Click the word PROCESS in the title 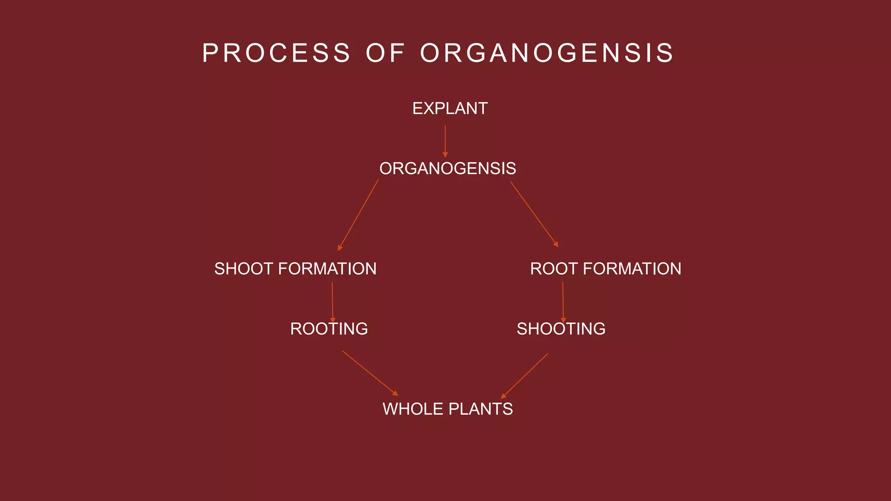click(x=276, y=53)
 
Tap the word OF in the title click(x=385, y=53)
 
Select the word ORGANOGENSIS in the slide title click(x=547, y=53)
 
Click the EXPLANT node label click(x=450, y=109)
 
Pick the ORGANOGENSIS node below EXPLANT click(x=448, y=169)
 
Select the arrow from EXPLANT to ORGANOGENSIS click(x=445, y=140)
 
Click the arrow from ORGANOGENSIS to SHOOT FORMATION click(x=358, y=215)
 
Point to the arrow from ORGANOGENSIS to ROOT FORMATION click(x=534, y=214)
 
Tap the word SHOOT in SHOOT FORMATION click(x=244, y=269)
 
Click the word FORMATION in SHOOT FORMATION click(x=327, y=269)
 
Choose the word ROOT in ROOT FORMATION click(x=554, y=269)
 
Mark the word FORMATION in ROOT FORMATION click(x=632, y=269)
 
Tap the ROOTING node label click(x=329, y=329)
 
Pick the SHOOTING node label click(x=561, y=329)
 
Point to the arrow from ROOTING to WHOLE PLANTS click(x=370, y=373)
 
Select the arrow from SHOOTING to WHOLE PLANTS click(x=525, y=376)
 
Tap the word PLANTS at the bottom click(x=480, y=409)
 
